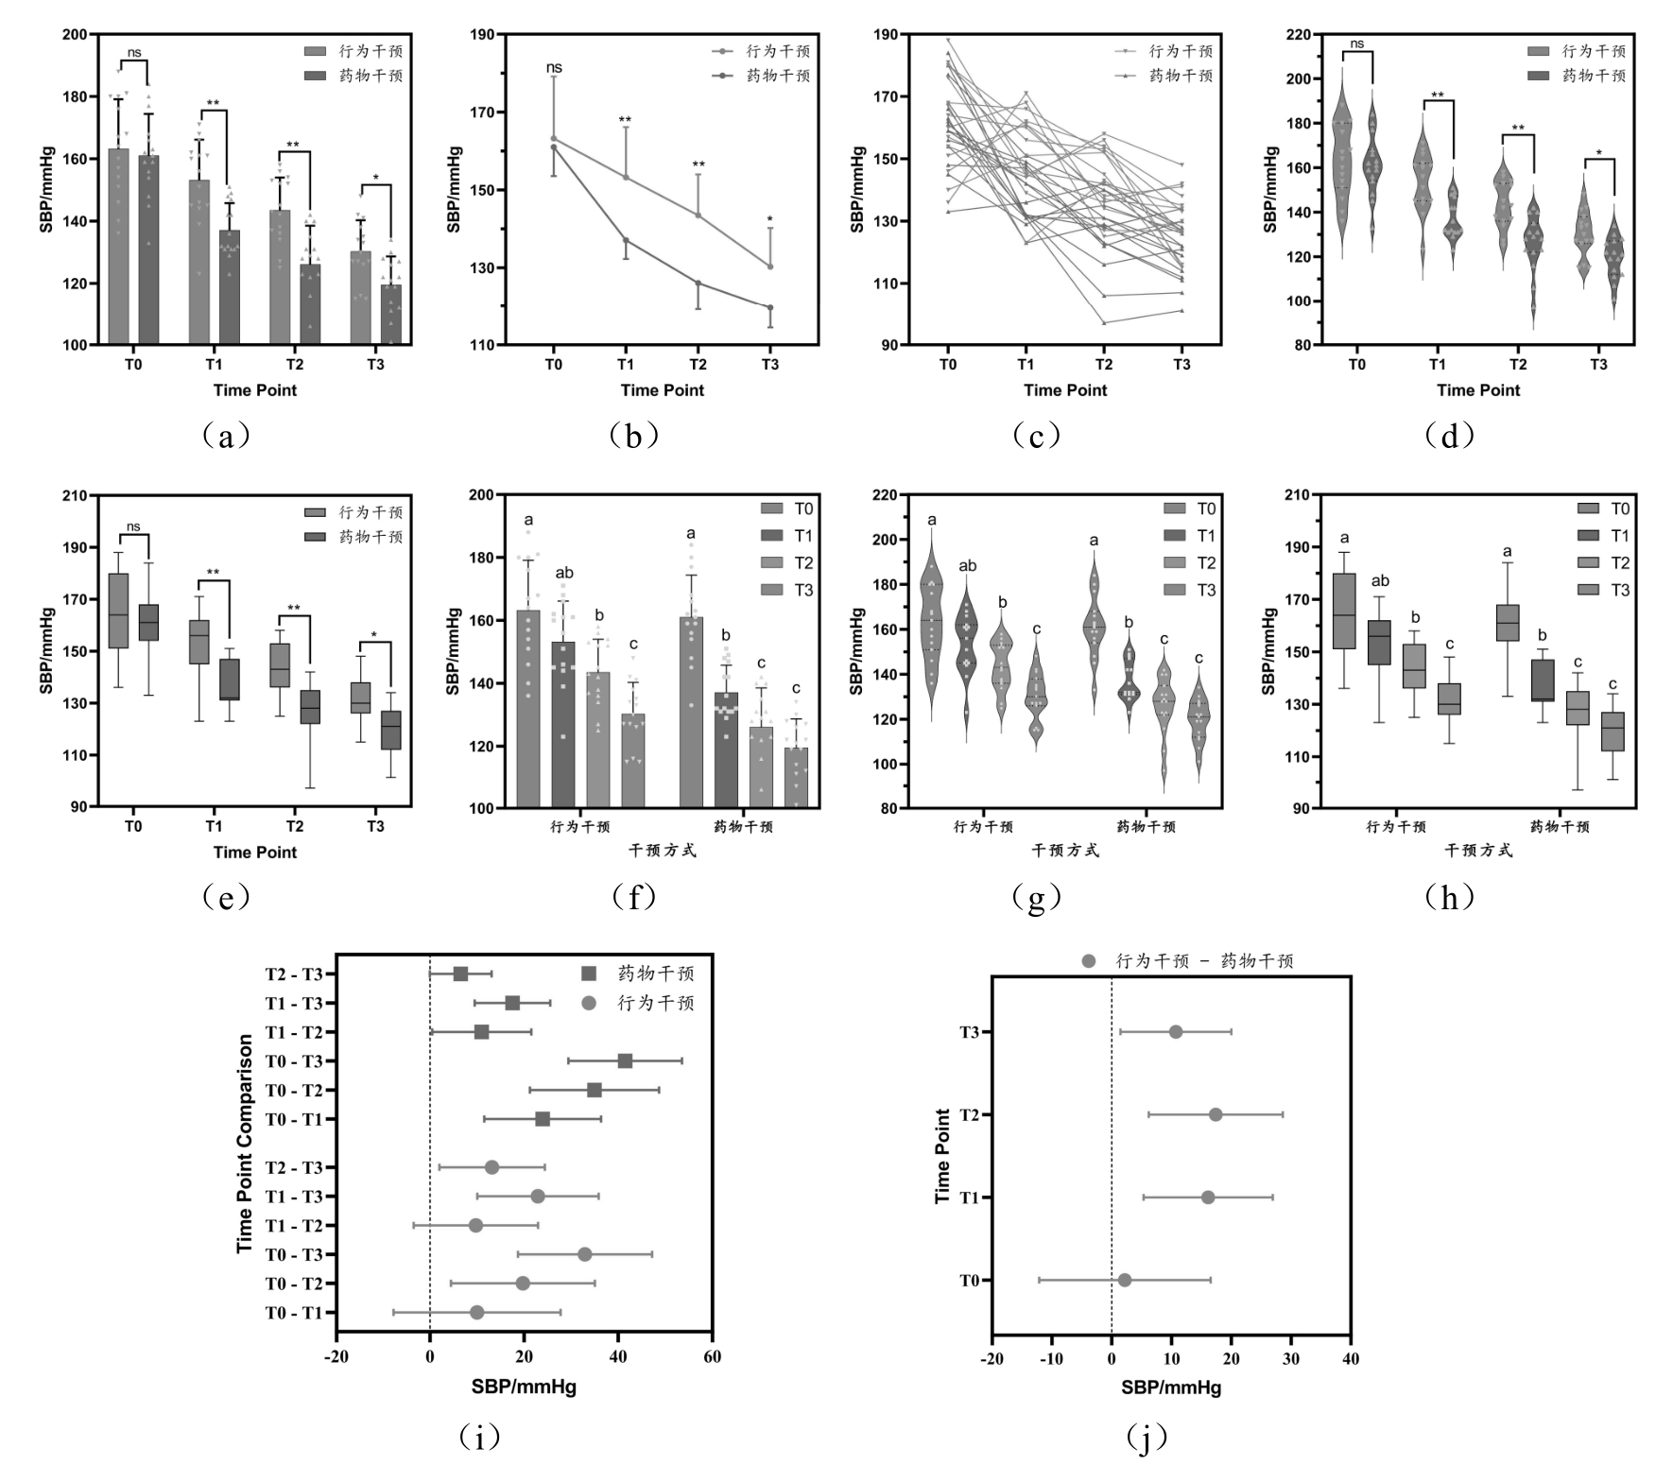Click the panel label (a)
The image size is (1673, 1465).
(225, 436)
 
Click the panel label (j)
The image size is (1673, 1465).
(1147, 1438)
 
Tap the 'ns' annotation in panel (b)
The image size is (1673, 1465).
(554, 68)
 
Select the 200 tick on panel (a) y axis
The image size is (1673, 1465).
(74, 35)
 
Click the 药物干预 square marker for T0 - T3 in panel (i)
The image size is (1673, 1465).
(625, 1060)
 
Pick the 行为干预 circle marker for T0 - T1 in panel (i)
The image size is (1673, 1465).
(476, 1312)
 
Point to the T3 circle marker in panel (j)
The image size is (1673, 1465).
(1175, 1031)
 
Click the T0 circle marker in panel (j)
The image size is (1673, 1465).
(1124, 1280)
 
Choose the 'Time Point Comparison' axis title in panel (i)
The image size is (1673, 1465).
(245, 1144)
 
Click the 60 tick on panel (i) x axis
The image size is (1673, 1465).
(712, 1357)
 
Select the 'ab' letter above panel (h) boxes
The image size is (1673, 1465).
(1379, 581)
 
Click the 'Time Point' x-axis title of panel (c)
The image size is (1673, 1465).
(1065, 390)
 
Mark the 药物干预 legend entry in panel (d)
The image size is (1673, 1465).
(1594, 76)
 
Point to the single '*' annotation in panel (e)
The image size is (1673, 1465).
(375, 635)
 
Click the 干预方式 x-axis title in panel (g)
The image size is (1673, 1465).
(1065, 850)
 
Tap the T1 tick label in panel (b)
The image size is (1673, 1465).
(626, 365)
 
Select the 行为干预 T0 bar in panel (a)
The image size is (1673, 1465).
(118, 247)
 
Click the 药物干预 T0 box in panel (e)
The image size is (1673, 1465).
(149, 622)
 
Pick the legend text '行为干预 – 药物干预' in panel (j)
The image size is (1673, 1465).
(1204, 961)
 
